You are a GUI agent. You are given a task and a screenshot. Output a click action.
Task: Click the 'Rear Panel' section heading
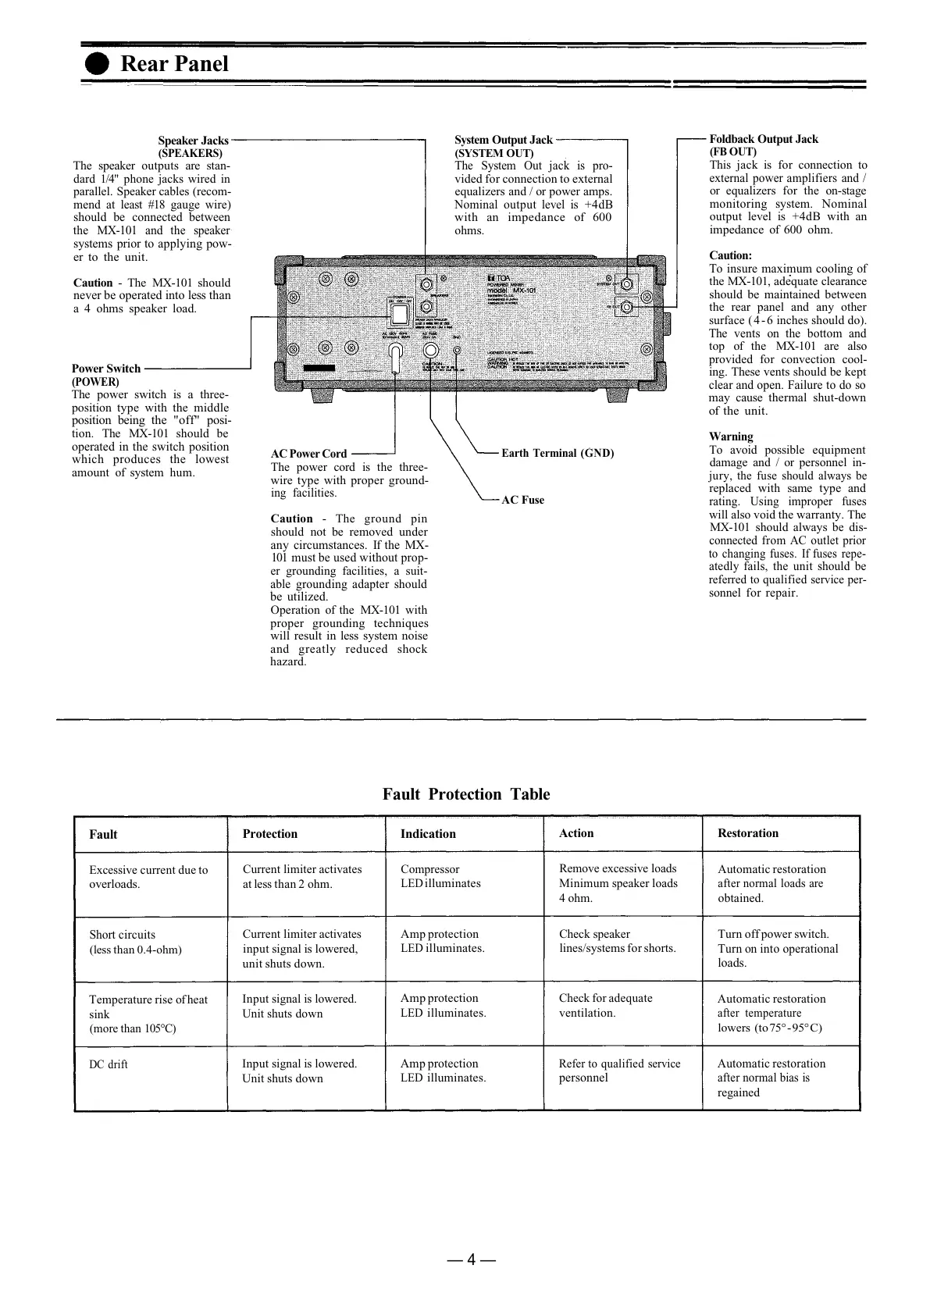point(174,64)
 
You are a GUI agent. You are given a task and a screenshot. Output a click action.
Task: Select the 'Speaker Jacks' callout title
point(193,141)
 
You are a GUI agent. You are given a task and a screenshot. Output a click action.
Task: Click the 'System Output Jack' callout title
point(503,140)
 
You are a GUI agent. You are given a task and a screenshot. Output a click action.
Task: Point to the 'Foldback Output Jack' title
point(763,139)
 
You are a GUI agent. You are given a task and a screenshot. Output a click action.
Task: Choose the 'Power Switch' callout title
point(106,369)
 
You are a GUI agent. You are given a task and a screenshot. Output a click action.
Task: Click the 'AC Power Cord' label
point(308,454)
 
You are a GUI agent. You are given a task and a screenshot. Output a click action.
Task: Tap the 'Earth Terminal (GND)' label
point(557,453)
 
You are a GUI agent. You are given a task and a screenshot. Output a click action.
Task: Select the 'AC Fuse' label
point(522,500)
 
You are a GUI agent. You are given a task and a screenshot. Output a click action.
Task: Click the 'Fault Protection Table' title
point(465,794)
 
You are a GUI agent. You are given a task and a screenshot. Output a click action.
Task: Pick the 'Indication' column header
point(427,833)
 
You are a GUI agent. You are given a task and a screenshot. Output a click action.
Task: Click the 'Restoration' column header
point(747,832)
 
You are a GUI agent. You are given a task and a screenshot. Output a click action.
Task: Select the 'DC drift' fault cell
point(108,1064)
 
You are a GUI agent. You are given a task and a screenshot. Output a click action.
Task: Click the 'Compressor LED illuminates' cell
point(440,876)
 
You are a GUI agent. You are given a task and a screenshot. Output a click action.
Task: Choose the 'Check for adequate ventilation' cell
point(605,1006)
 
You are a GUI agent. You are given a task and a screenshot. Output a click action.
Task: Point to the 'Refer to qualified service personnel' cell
point(618,1071)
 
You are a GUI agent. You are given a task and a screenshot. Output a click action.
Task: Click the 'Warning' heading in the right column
point(731,437)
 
